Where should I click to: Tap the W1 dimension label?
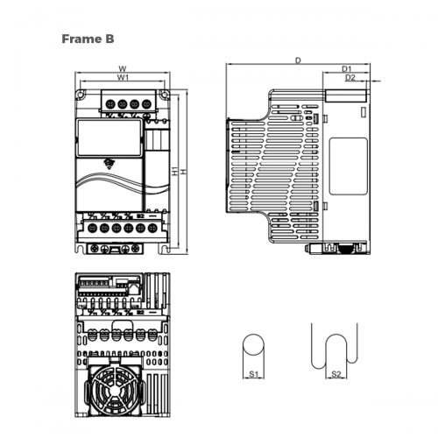pyautogui.click(x=123, y=78)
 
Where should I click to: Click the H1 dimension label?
pyautogui.click(x=178, y=172)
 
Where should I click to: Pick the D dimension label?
pyautogui.click(x=298, y=60)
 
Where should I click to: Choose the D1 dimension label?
pyautogui.click(x=346, y=68)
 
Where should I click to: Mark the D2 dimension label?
pyautogui.click(x=350, y=78)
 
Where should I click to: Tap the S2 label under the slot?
pyautogui.click(x=335, y=375)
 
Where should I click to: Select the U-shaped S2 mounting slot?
pyautogui.click(x=335, y=346)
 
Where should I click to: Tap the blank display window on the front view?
pyautogui.click(x=109, y=136)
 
